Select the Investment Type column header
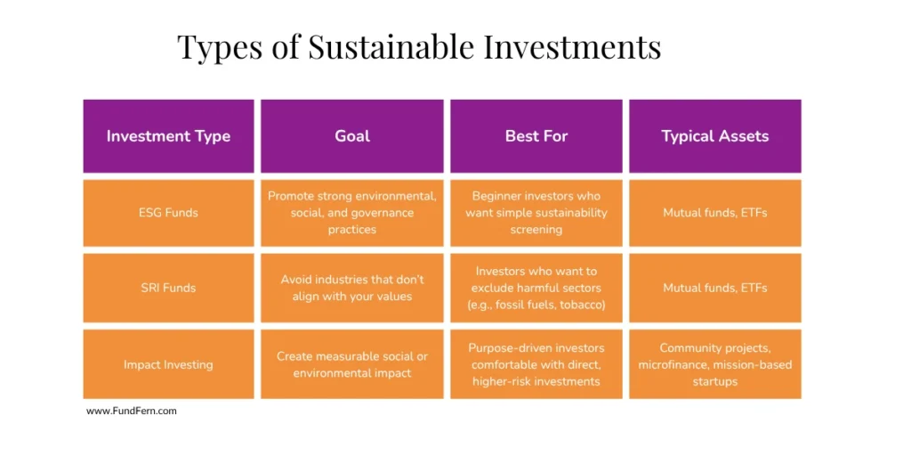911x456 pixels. click(x=168, y=136)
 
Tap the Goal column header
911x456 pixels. click(x=352, y=136)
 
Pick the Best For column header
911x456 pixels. click(x=536, y=136)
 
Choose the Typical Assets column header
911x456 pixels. click(x=714, y=136)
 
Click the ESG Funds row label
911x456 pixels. click(x=168, y=213)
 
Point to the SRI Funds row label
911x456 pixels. click(x=168, y=288)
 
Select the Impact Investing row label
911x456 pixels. click(x=168, y=364)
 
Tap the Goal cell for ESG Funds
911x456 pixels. click(x=352, y=213)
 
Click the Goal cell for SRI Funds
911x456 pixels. click(x=352, y=288)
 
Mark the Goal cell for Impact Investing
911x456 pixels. click(x=352, y=364)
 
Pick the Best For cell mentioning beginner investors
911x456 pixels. click(x=536, y=213)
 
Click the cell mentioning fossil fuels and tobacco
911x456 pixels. click(x=536, y=288)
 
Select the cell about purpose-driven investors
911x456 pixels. click(x=536, y=364)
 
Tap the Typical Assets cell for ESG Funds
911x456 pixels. click(x=714, y=213)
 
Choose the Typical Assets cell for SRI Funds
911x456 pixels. click(x=714, y=288)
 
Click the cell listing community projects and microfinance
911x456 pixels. click(x=714, y=364)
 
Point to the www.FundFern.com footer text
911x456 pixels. click(x=132, y=411)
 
